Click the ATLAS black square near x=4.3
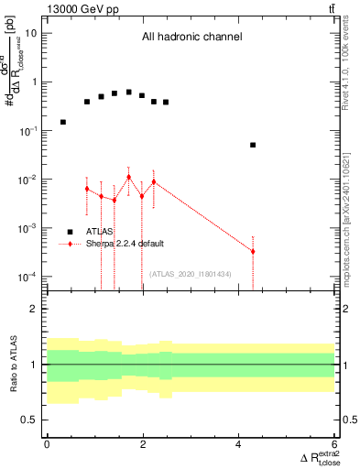click(x=253, y=145)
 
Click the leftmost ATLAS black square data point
click(x=63, y=122)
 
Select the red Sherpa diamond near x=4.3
click(x=253, y=251)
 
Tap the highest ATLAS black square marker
click(x=129, y=93)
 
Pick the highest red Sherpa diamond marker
click(x=129, y=177)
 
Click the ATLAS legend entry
click(x=100, y=232)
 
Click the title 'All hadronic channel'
click(x=191, y=38)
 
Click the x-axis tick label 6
click(x=334, y=444)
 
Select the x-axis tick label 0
click(x=47, y=444)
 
